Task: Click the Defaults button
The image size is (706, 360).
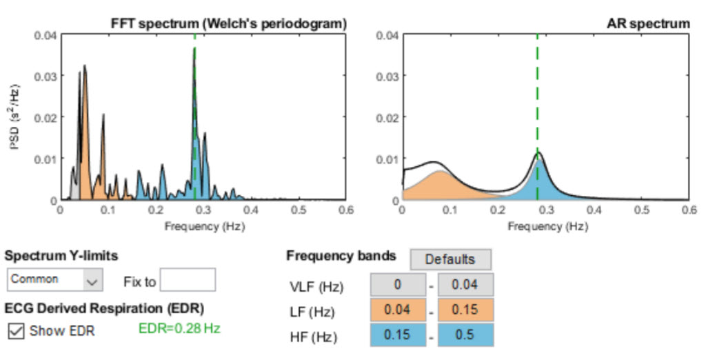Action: tap(450, 259)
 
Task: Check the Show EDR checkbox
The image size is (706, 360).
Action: tap(16, 331)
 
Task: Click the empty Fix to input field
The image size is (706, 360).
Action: tap(188, 280)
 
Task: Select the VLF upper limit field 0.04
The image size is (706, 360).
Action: tap(466, 285)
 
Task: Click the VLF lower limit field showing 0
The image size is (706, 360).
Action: tap(397, 285)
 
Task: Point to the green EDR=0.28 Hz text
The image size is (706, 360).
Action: tap(179, 329)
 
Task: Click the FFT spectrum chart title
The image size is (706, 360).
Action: tap(228, 23)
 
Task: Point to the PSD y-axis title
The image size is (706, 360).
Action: tap(14, 117)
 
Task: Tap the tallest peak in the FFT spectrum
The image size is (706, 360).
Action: tap(194, 50)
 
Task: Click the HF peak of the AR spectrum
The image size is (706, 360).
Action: tap(538, 154)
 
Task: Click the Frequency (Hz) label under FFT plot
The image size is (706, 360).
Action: tap(204, 226)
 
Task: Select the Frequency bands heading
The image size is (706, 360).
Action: tap(341, 256)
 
